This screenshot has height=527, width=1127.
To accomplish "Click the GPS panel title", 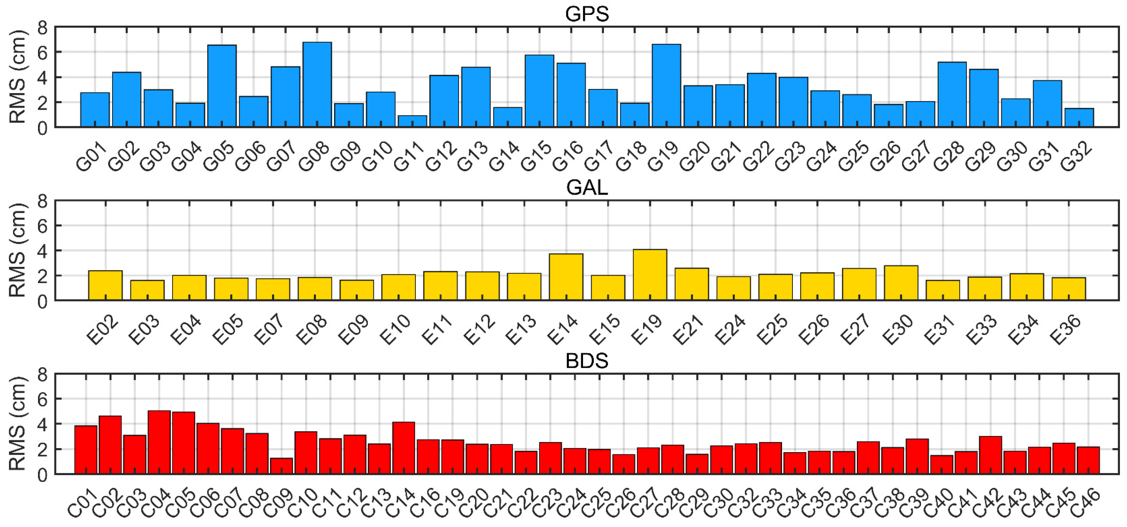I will [x=587, y=14].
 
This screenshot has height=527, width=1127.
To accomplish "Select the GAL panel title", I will [x=587, y=188].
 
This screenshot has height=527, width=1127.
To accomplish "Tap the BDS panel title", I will [x=587, y=361].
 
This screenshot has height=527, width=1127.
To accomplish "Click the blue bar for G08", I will [x=317, y=85].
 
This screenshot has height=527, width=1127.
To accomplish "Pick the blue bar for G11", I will [x=412, y=121].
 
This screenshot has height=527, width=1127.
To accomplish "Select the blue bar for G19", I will [x=666, y=86].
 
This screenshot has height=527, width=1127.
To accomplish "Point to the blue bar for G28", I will [x=952, y=95].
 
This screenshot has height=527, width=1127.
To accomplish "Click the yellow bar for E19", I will [x=650, y=275].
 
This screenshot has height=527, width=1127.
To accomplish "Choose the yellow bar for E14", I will [x=566, y=277].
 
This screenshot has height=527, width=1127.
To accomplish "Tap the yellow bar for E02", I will [x=105, y=285].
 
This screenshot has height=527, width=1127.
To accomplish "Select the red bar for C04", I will [x=159, y=442].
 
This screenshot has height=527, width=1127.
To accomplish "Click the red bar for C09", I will [x=281, y=466].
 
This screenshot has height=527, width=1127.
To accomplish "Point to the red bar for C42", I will [x=991, y=455].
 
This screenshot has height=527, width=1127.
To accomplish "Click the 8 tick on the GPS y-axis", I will [x=42, y=28].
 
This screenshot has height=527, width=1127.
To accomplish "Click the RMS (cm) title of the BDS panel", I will [x=18, y=424].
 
